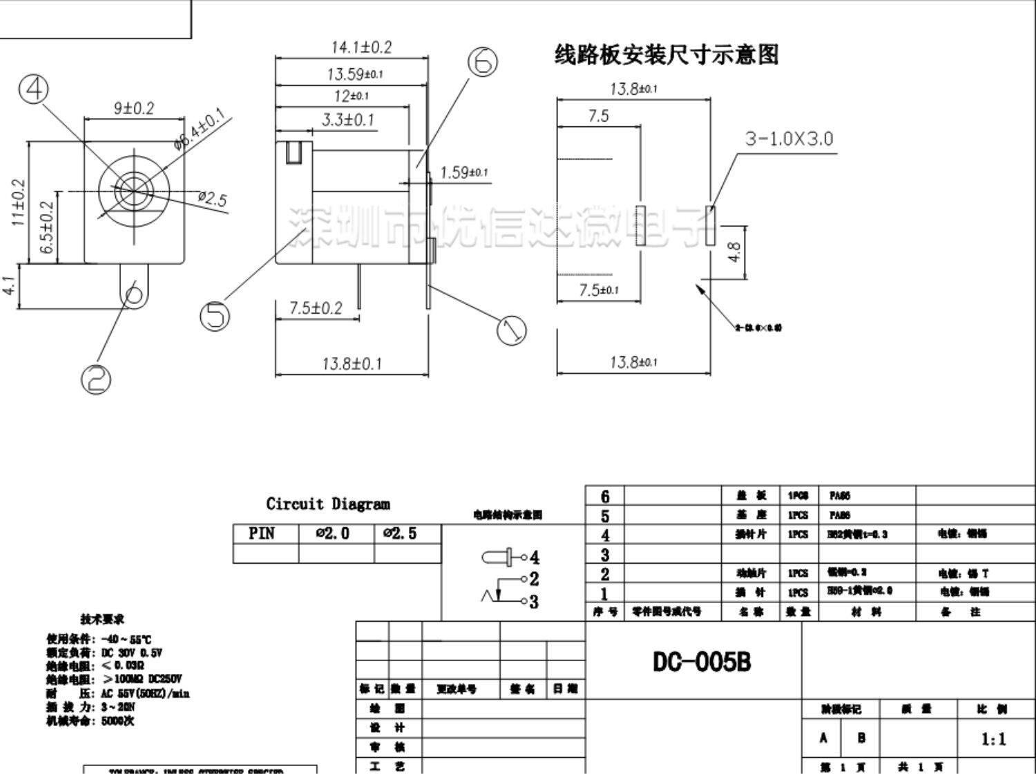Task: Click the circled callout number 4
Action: click(x=33, y=89)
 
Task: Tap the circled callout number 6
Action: click(x=483, y=61)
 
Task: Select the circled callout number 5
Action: click(x=215, y=316)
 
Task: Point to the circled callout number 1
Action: click(x=511, y=329)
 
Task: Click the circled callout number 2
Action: click(x=96, y=378)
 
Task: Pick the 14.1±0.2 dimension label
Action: click(x=361, y=47)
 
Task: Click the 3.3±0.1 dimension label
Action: click(x=348, y=119)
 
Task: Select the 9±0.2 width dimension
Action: click(x=134, y=108)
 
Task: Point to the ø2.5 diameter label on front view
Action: click(x=212, y=199)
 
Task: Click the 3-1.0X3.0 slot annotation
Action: click(x=789, y=139)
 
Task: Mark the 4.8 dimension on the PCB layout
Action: click(x=735, y=252)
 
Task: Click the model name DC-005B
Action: click(x=702, y=662)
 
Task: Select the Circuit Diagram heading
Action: click(x=328, y=504)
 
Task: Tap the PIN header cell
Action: click(x=262, y=534)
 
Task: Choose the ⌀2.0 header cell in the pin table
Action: click(x=333, y=534)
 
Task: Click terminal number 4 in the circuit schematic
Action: click(x=533, y=557)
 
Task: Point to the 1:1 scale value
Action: click(x=993, y=740)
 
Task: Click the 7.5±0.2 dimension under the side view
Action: click(x=316, y=307)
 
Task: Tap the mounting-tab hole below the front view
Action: click(x=134, y=295)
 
